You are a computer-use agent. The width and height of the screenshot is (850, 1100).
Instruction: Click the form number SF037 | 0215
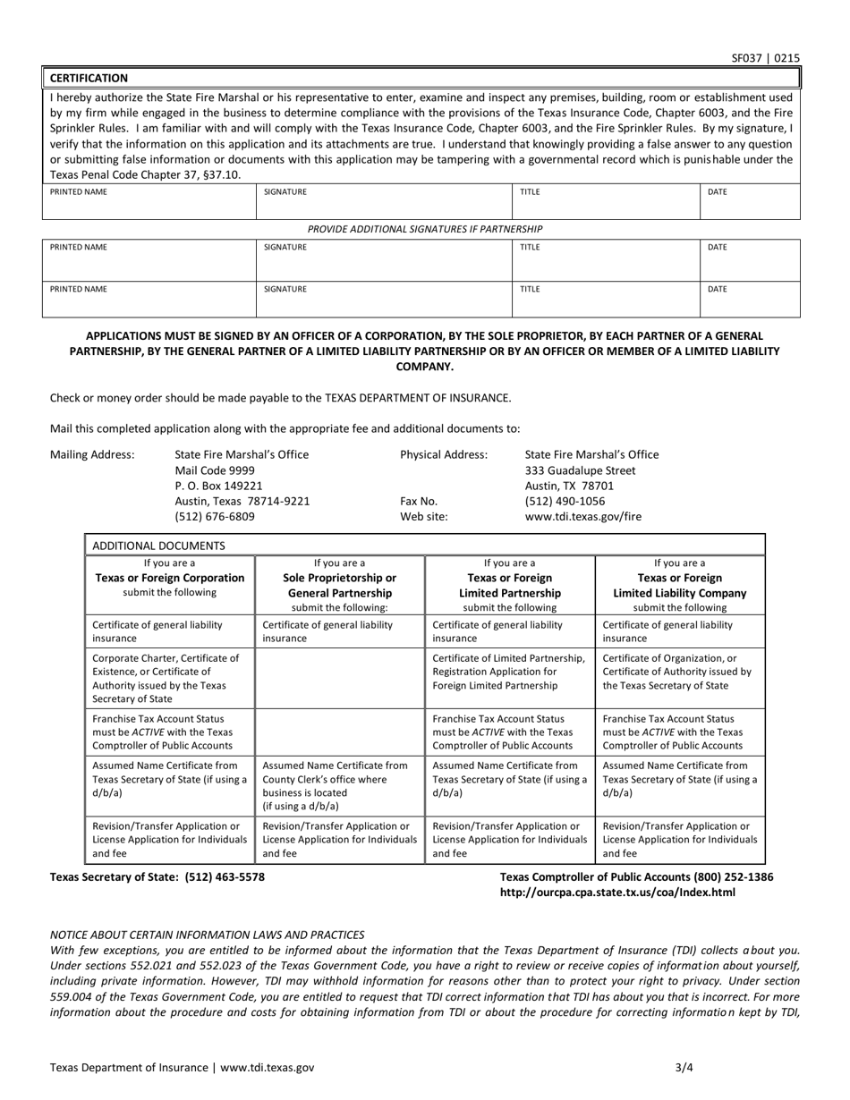pos(765,59)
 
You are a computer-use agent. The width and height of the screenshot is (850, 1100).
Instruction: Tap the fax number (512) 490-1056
pos(565,501)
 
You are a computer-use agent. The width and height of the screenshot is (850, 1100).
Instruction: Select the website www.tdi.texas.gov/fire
pos(582,517)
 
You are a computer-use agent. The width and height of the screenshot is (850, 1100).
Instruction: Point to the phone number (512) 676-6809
pos(215,517)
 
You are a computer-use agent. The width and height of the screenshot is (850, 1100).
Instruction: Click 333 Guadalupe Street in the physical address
pos(580,470)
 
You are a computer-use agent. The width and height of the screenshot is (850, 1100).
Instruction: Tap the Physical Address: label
pos(444,454)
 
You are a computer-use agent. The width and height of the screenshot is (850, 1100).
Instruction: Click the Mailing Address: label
pos(92,454)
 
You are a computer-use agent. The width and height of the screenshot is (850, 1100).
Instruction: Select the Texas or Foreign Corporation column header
pos(169,578)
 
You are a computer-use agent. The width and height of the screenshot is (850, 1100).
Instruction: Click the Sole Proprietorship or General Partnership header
pos(339,585)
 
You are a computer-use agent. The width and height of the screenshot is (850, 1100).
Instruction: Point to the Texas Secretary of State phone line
pos(157,877)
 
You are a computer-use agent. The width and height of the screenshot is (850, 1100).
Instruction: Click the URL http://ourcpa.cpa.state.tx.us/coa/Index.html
pos(618,893)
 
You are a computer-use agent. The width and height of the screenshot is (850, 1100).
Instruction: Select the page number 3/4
pos(684,1067)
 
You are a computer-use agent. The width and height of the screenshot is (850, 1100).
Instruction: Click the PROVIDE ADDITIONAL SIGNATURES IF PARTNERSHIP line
pos(425,229)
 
